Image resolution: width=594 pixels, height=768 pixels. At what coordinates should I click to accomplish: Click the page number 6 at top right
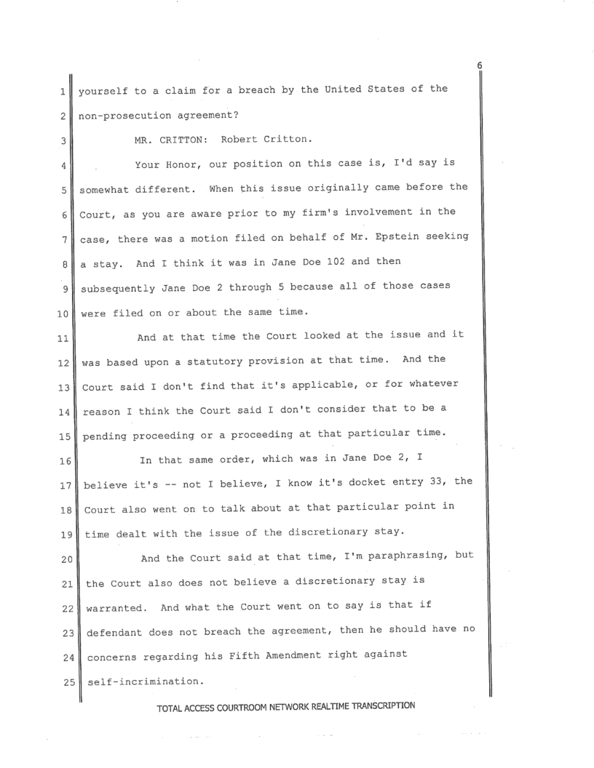click(480, 65)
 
